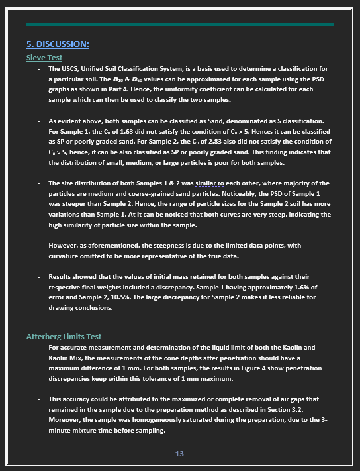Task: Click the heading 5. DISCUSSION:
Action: pyautogui.click(x=58, y=44)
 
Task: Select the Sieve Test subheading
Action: pyautogui.click(x=44, y=58)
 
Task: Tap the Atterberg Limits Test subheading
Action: pyautogui.click(x=64, y=337)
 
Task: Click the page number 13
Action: pyautogui.click(x=179, y=454)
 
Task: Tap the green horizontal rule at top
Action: pyautogui.click(x=179, y=24)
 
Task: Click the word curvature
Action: pyautogui.click(x=66, y=256)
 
